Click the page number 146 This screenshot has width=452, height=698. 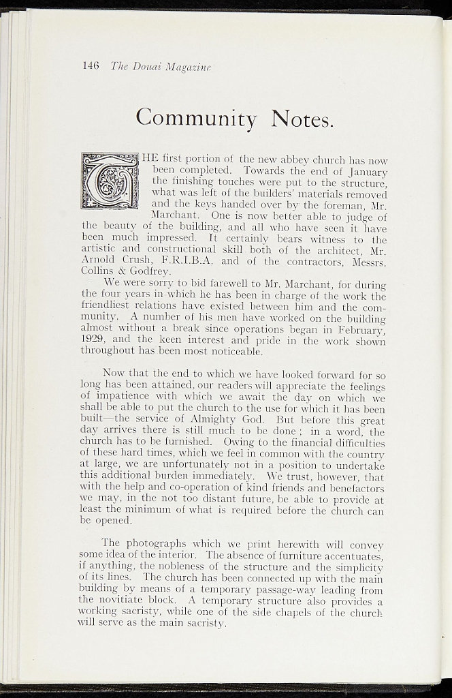pyautogui.click(x=91, y=65)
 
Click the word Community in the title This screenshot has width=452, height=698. pyautogui.click(x=196, y=117)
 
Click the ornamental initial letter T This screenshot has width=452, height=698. pyautogui.click(x=110, y=181)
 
